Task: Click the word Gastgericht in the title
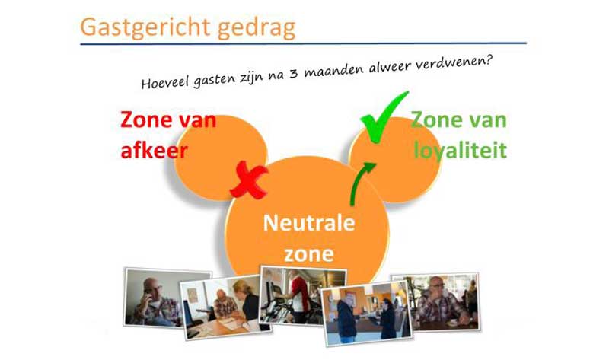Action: pyautogui.click(x=145, y=27)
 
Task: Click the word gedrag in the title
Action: pyautogui.click(x=257, y=28)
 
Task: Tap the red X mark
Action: pyautogui.click(x=249, y=180)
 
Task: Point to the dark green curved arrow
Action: pyautogui.click(x=356, y=180)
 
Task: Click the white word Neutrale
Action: pyautogui.click(x=309, y=223)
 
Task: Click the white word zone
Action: pyautogui.click(x=309, y=254)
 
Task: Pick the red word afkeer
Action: pyautogui.click(x=155, y=150)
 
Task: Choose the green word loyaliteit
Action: pyautogui.click(x=461, y=150)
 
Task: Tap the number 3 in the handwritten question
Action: pyautogui.click(x=294, y=73)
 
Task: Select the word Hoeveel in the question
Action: pyautogui.click(x=164, y=82)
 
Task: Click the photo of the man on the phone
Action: pyautogui.click(x=167, y=298)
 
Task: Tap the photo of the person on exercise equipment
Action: pyautogui.click(x=303, y=295)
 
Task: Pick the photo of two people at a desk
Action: pyautogui.click(x=225, y=307)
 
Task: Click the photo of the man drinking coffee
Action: pyautogui.click(x=435, y=302)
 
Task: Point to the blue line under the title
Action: pyautogui.click(x=303, y=43)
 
